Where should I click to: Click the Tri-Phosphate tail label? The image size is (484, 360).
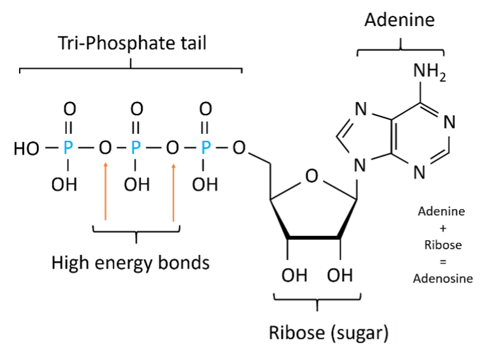tap(132, 43)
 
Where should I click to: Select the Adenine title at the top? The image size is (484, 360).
tap(399, 20)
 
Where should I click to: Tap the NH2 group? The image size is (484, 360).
tap(429, 71)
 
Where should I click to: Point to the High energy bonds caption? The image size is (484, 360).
tap(131, 262)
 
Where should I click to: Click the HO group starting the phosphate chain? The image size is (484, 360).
tap(26, 149)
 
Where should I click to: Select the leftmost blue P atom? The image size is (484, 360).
tap(68, 148)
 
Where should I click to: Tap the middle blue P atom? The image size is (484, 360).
tap(136, 148)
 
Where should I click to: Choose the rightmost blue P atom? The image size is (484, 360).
tap(205, 148)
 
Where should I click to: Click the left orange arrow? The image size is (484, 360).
tap(106, 191)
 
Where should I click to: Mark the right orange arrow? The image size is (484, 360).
tap(173, 191)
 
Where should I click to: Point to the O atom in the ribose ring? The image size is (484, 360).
tap(311, 176)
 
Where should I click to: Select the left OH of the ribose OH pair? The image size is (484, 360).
tap(294, 275)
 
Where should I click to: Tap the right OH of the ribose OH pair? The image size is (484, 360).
tap(339, 275)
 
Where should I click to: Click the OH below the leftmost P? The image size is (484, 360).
tap(64, 184)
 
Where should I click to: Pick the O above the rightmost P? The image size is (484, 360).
tap(205, 110)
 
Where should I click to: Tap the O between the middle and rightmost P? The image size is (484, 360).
tap(172, 148)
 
